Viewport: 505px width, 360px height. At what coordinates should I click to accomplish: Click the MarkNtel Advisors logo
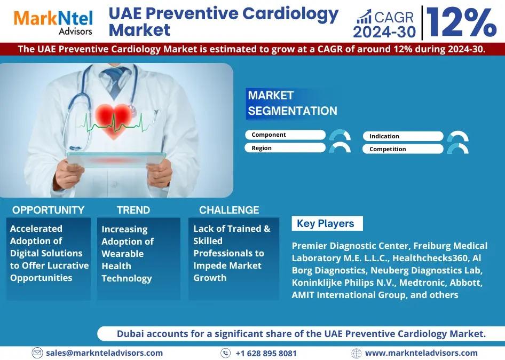[x=53, y=22]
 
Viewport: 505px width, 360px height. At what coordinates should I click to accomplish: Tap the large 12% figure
[x=461, y=22]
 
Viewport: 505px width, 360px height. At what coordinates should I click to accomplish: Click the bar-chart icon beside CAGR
[x=364, y=17]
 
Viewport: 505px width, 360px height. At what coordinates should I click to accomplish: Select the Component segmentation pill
[x=286, y=135]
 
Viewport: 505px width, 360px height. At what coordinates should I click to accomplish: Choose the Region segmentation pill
[x=285, y=148]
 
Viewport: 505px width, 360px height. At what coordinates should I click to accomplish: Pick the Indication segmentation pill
[x=403, y=136]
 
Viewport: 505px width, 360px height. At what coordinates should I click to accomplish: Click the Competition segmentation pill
[x=403, y=149]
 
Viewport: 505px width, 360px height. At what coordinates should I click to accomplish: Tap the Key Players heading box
[x=327, y=223]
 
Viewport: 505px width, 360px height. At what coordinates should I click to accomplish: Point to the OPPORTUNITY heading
[x=48, y=210]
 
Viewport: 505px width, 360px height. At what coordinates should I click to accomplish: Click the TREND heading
[x=133, y=210]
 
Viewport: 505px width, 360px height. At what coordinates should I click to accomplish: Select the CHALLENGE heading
[x=229, y=210]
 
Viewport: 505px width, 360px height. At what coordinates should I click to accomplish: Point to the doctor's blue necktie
[x=114, y=81]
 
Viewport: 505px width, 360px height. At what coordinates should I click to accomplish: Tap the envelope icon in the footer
[x=37, y=353]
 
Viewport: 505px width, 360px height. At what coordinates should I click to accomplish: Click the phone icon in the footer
[x=225, y=353]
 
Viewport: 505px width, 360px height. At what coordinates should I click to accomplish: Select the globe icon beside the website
[x=356, y=353]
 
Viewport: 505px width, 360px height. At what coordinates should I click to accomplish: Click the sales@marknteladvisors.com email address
[x=104, y=353]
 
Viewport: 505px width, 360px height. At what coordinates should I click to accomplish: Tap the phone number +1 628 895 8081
[x=266, y=354]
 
